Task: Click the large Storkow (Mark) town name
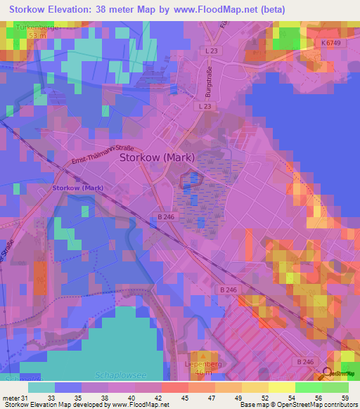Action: (x=157, y=158)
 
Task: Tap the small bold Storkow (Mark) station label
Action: (x=78, y=188)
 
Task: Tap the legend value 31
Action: (x=26, y=398)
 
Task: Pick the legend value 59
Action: (x=345, y=398)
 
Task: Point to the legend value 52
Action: (x=264, y=398)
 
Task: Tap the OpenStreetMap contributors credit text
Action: (x=315, y=405)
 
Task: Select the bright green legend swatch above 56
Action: (x=309, y=387)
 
